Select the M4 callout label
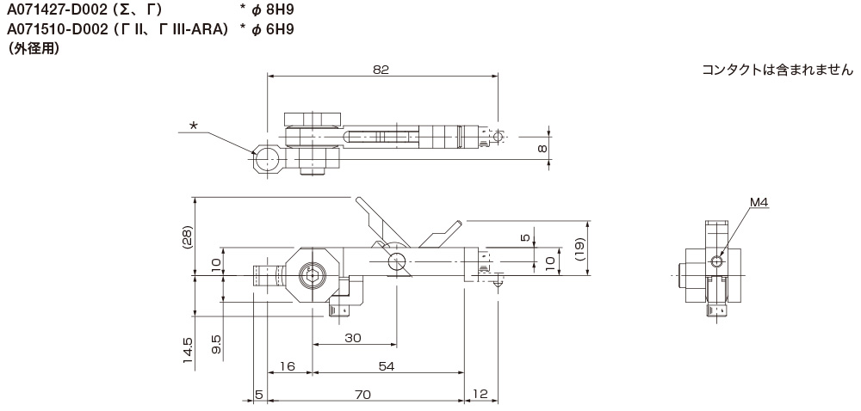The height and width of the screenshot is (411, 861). pos(759,203)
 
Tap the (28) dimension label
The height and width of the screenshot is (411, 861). pos(188,237)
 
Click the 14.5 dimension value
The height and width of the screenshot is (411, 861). pos(188,351)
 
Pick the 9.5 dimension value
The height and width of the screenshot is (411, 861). pos(216,344)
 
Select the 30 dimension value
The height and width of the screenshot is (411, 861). pos(353,338)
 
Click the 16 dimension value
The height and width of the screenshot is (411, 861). pos(288,366)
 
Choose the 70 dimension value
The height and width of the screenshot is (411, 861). pos(363,394)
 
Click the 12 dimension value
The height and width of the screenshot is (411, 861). pos(480,394)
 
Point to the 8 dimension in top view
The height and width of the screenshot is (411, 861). pos(542,149)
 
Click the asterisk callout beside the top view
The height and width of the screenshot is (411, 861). pos(193,126)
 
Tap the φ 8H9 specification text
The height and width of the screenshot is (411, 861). pos(267,10)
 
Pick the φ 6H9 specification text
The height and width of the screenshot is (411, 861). pos(267,29)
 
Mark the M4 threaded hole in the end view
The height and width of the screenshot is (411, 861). pos(716,262)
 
